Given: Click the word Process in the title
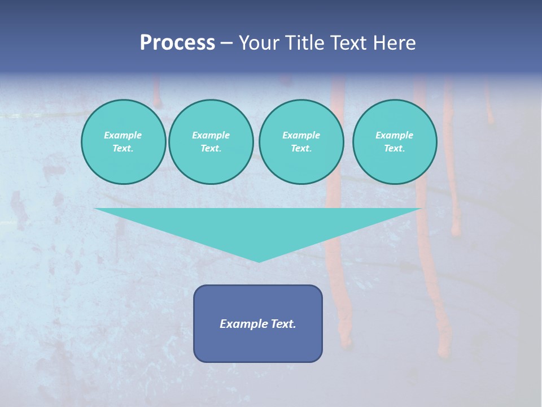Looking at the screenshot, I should (177, 43).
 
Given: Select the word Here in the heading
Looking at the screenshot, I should (395, 43).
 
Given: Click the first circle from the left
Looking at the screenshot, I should (124, 142).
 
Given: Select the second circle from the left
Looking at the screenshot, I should (211, 142).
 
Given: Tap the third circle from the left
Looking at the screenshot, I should (301, 142).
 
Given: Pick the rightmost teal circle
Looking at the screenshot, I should (395, 142).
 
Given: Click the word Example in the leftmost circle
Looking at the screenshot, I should (123, 135).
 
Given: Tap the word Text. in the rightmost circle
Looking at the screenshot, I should (395, 149).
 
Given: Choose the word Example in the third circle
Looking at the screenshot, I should (301, 135).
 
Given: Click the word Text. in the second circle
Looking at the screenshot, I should (211, 149).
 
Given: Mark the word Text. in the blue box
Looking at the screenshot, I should (284, 324).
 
